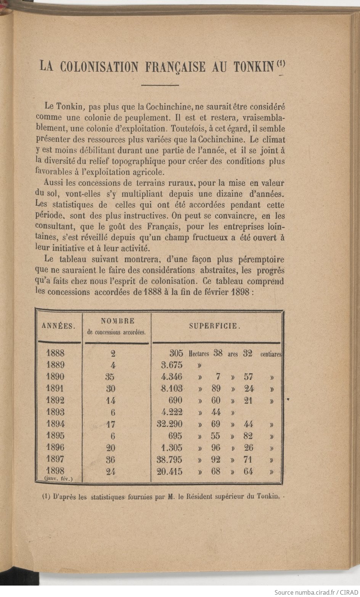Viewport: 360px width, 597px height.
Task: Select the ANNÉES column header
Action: (x=58, y=326)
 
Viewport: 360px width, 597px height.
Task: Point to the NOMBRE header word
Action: (x=117, y=321)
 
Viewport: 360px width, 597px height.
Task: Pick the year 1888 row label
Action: (x=55, y=353)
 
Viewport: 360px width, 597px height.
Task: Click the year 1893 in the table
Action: (x=55, y=412)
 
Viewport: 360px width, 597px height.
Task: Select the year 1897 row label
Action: (x=55, y=459)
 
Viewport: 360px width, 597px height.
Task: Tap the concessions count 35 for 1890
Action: (x=110, y=377)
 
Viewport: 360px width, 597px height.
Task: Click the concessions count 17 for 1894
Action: (x=110, y=424)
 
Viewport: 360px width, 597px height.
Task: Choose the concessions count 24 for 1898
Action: (x=110, y=472)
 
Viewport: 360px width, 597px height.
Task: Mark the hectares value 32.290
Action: (x=169, y=424)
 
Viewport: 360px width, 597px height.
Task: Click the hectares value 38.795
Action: (x=169, y=459)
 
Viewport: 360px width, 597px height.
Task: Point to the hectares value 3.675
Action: (x=172, y=365)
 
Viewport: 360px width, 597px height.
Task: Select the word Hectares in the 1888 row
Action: (x=199, y=354)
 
